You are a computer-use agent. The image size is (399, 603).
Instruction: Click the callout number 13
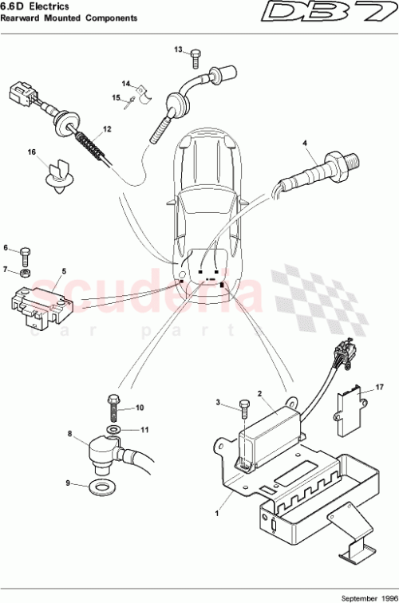pos(179,49)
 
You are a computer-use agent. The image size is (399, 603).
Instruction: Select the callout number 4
pos(304,143)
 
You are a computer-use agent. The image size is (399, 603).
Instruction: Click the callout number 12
pos(107,129)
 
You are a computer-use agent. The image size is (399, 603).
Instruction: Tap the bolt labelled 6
pos(25,256)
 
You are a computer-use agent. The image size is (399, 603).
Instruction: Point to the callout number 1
pos(217,514)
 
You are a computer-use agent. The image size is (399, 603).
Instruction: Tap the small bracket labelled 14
pos(142,97)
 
